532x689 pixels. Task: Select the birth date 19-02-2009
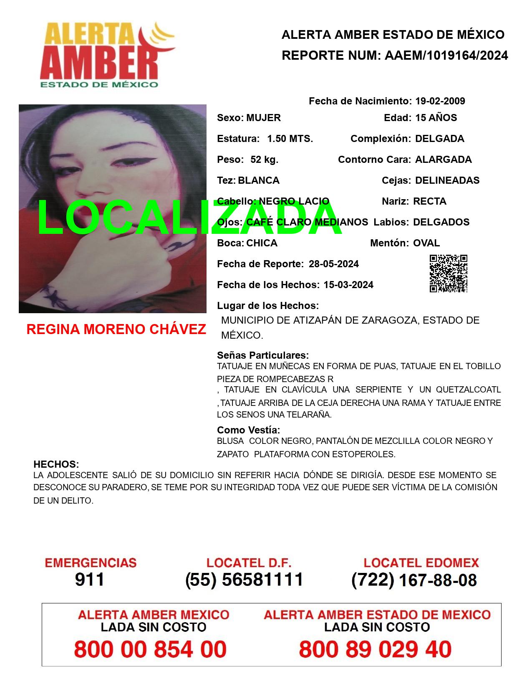click(x=440, y=101)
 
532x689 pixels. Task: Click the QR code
click(x=449, y=274)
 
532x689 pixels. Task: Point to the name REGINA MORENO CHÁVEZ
click(x=116, y=329)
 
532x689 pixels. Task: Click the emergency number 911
click(x=90, y=580)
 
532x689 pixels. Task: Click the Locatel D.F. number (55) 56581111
click(x=244, y=580)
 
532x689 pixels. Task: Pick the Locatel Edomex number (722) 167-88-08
click(x=414, y=580)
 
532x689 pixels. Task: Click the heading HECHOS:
click(x=56, y=464)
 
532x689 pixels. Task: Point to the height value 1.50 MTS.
click(x=290, y=139)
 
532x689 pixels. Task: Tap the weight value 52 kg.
click(x=264, y=160)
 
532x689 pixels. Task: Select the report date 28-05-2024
click(x=333, y=264)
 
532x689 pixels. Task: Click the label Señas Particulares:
click(x=262, y=355)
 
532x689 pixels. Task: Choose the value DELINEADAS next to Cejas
click(x=447, y=180)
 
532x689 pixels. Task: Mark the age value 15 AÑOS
click(x=436, y=118)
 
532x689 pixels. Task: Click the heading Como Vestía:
click(x=248, y=430)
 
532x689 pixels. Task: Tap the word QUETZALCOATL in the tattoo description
click(x=468, y=390)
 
